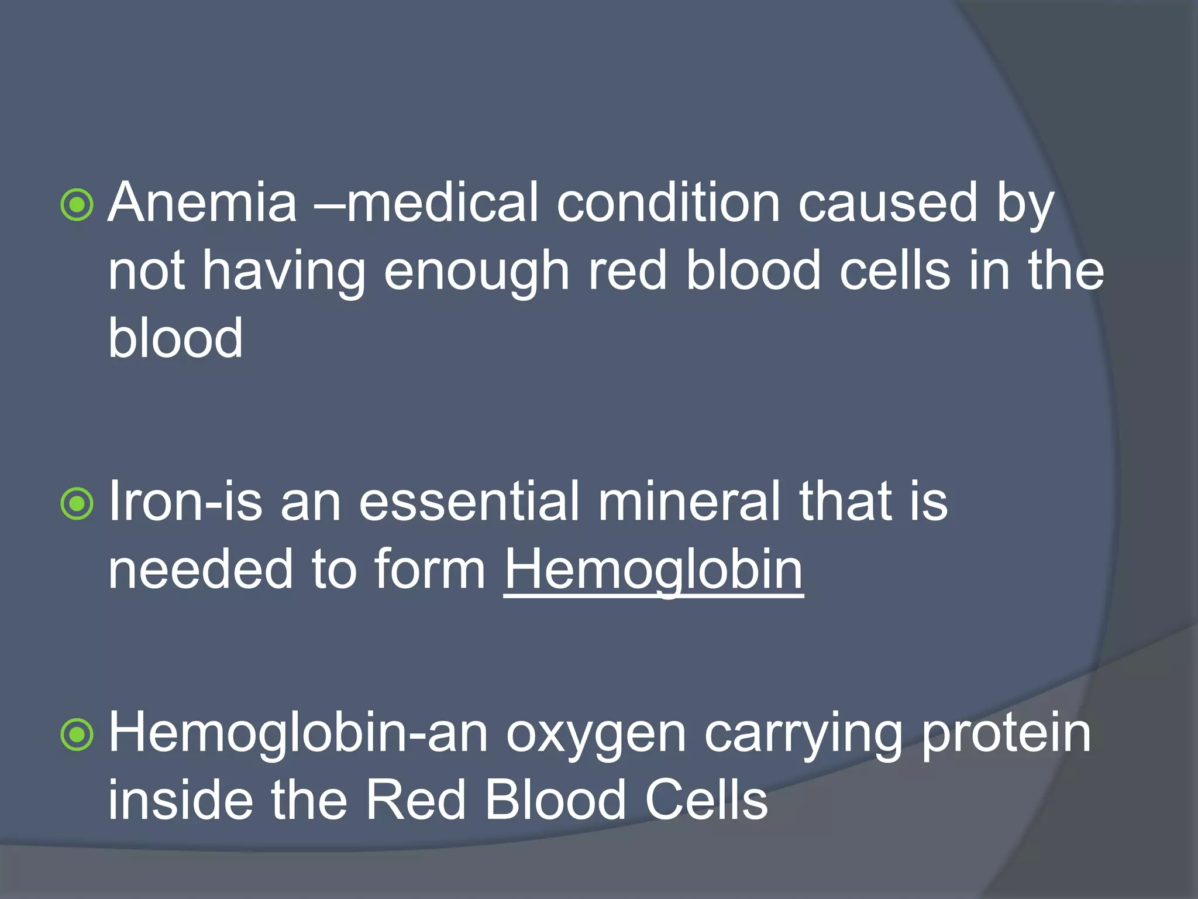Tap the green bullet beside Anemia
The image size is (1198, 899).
(x=77, y=205)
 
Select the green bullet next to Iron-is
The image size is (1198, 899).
(x=77, y=504)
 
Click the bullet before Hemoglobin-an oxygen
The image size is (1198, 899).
(x=77, y=735)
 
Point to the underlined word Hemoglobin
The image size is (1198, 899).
(x=653, y=569)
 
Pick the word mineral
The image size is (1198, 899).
(x=688, y=502)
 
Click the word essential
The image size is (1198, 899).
(x=469, y=502)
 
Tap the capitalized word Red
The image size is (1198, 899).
(x=415, y=800)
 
